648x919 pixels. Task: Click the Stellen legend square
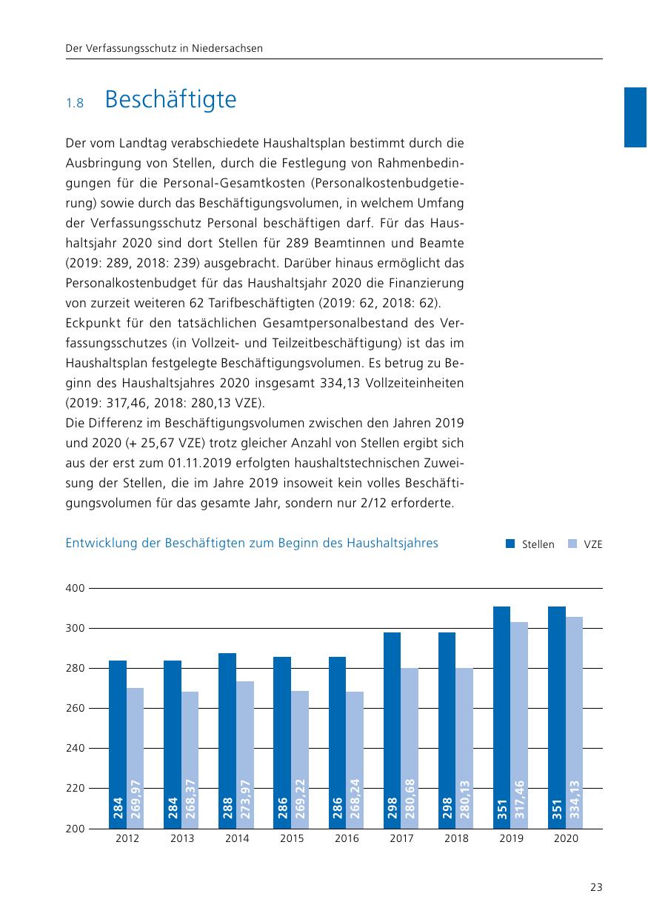(510, 544)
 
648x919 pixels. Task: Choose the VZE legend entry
(592, 544)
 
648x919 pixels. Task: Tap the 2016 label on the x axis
(347, 839)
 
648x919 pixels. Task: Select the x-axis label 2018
(456, 839)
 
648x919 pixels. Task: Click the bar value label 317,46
(519, 799)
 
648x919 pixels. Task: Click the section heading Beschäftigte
(170, 100)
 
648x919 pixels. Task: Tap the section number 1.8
(74, 104)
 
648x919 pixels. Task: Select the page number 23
(596, 888)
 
